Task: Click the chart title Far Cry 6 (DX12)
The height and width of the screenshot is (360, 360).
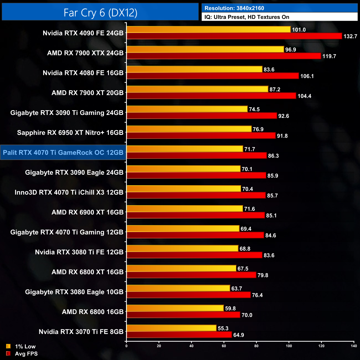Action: [100, 13]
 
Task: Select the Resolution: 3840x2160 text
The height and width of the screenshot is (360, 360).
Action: [234, 8]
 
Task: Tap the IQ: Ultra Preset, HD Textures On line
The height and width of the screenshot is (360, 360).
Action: [247, 17]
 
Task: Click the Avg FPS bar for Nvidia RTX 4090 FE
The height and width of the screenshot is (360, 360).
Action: [234, 36]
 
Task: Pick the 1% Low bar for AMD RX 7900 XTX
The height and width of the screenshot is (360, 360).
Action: [205, 49]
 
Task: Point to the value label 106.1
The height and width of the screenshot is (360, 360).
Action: [307, 76]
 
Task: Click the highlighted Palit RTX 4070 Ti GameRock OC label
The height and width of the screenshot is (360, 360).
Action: [63, 153]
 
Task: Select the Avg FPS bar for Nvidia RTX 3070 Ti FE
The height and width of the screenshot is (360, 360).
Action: [179, 335]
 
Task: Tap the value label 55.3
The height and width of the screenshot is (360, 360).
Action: [223, 328]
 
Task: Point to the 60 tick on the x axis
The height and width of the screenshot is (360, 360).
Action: [224, 346]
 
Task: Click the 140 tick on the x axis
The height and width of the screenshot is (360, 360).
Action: [354, 346]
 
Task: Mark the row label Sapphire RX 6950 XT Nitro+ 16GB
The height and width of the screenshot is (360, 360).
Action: [70, 133]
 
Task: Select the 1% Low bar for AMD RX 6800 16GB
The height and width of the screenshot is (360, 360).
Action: [175, 308]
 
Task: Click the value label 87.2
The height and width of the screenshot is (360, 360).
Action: [275, 89]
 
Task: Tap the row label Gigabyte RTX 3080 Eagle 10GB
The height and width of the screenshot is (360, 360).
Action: [74, 292]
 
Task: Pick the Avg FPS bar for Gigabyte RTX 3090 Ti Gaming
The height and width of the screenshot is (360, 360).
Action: [202, 115]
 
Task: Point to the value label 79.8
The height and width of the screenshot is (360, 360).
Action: [263, 275]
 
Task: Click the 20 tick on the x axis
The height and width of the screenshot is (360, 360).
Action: [159, 346]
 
